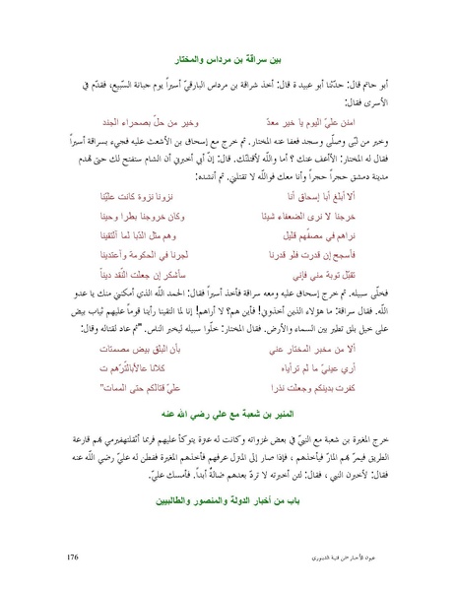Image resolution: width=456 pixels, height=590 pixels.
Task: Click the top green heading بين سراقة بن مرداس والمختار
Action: click(228, 60)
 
